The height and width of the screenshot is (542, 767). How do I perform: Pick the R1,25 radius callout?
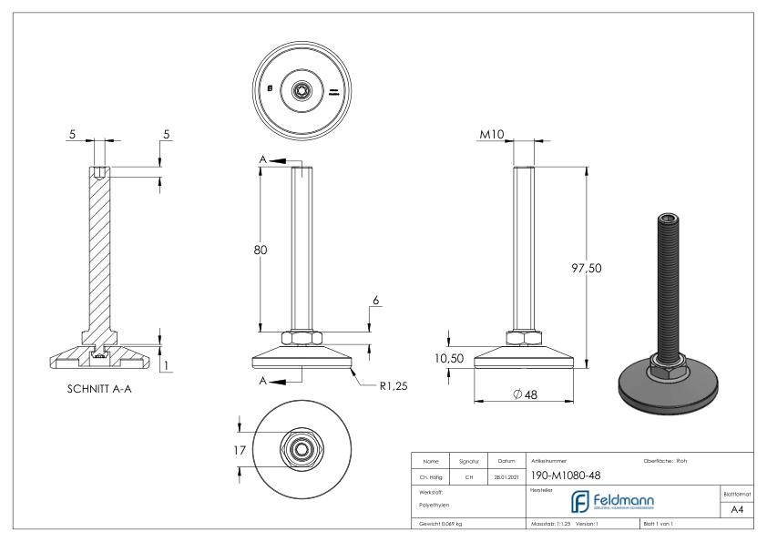394,386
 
